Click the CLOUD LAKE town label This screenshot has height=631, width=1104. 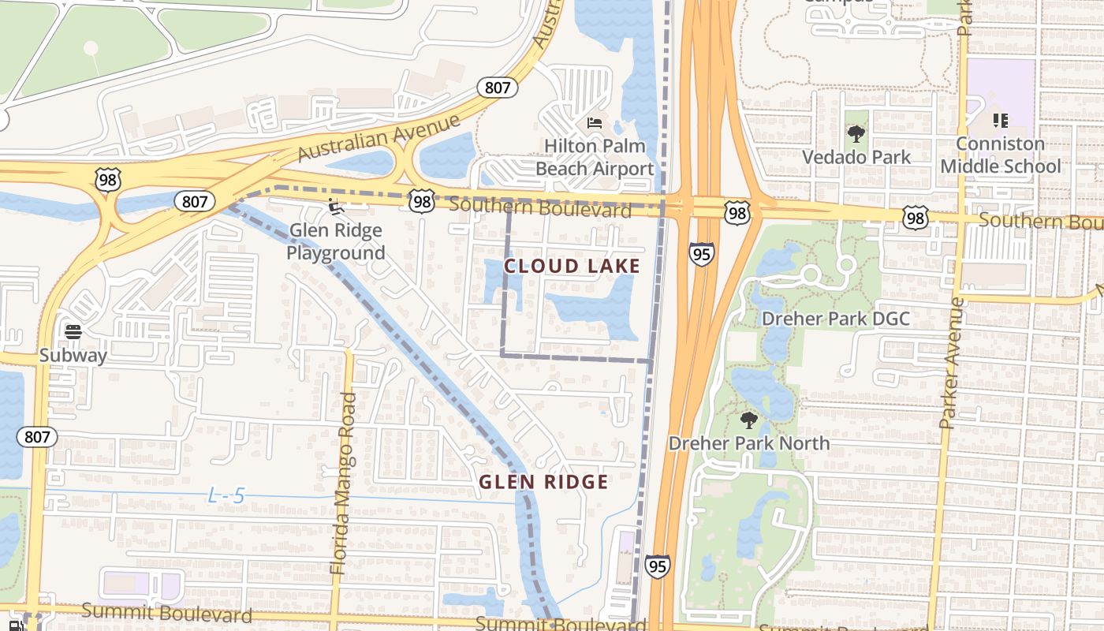(572, 266)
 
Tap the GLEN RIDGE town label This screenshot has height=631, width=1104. (544, 482)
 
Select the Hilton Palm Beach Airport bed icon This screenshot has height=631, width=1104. (595, 122)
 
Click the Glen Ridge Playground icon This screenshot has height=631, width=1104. (336, 207)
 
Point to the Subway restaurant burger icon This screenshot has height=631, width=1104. (73, 331)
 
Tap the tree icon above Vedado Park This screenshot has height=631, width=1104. (856, 133)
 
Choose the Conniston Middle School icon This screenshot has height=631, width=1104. (1000, 121)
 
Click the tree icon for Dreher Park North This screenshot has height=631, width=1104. (748, 420)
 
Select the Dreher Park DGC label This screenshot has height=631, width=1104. (835, 319)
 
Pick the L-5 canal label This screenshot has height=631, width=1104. (226, 496)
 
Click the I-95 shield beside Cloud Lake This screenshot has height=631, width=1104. (701, 254)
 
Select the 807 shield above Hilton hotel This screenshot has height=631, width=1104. (498, 88)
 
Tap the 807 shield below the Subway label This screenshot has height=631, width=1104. (37, 437)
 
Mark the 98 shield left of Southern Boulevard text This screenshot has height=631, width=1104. (422, 202)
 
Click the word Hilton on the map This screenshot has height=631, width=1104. (573, 146)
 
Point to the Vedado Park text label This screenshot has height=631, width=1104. (856, 157)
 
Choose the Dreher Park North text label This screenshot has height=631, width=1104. (749, 443)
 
